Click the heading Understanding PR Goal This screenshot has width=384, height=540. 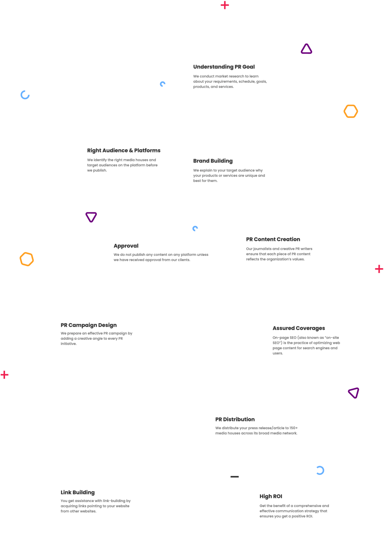point(224,67)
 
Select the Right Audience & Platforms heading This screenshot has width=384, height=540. point(123,151)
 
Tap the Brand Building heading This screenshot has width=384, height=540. point(213,161)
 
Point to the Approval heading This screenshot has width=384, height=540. point(126,246)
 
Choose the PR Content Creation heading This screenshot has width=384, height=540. point(273,239)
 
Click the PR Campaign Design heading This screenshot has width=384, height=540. point(89,325)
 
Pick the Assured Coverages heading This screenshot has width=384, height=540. point(299,328)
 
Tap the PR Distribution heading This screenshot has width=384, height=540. point(235,420)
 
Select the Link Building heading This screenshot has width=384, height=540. point(78,492)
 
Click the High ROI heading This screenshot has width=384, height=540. point(271,497)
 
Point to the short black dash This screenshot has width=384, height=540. point(234,477)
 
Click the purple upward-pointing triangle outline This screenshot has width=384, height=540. point(306,49)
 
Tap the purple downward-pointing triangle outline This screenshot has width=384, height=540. point(91,217)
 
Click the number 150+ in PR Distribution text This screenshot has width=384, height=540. point(293,428)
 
